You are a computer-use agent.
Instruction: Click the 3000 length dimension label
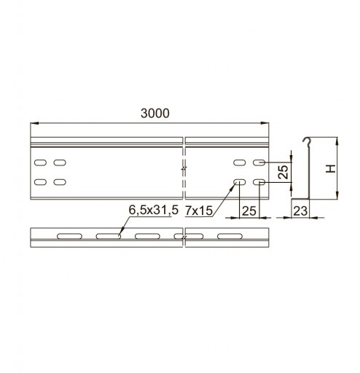tap(155, 114)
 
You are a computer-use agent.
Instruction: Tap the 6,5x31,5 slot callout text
tap(154, 210)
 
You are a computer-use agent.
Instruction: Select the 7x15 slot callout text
tap(199, 211)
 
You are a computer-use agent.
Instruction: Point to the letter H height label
tap(331, 168)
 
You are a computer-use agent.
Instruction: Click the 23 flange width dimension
tap(300, 211)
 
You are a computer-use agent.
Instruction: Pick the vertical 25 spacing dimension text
tap(283, 172)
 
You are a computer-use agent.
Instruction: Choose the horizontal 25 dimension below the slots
tap(249, 211)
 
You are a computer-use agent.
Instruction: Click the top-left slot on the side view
tap(40, 162)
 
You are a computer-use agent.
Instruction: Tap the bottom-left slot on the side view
tap(40, 182)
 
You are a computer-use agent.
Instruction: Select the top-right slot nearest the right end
tap(259, 162)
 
